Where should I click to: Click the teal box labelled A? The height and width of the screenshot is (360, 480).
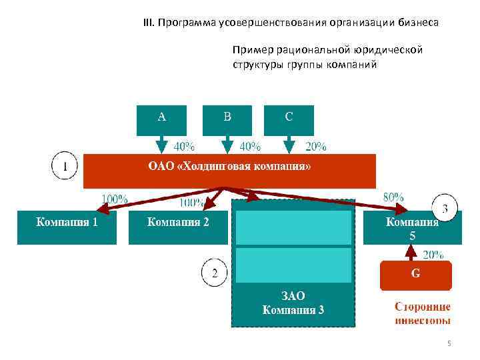[x=161, y=120]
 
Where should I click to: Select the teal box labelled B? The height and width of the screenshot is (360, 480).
[x=227, y=120]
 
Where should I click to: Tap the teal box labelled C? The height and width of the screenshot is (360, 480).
[x=289, y=120]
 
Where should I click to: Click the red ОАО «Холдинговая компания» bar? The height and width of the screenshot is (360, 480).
[x=229, y=171]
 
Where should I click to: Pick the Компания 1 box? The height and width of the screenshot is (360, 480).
[x=67, y=227]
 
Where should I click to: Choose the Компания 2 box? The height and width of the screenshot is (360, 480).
[x=178, y=227]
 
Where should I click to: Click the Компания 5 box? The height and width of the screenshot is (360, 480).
[x=411, y=228]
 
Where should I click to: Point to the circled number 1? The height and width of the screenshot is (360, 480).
[x=65, y=166]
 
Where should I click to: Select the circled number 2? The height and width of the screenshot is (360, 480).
[x=215, y=273]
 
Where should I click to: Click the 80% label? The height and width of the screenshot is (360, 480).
[x=393, y=197]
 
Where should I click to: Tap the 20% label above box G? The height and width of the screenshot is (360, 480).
[x=433, y=254]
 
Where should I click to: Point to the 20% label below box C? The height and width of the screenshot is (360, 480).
[x=315, y=146]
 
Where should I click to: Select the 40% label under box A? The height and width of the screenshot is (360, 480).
[x=184, y=146]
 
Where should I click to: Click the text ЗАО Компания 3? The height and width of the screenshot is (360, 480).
[x=293, y=303]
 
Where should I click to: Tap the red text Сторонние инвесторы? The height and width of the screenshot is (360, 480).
[x=422, y=313]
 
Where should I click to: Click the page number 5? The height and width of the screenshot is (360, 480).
[x=449, y=343]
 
